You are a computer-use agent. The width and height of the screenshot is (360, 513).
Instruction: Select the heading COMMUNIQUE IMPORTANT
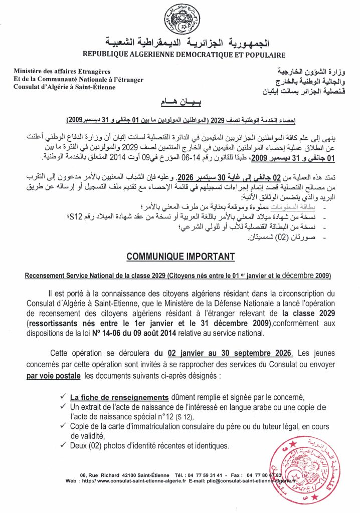[181, 256]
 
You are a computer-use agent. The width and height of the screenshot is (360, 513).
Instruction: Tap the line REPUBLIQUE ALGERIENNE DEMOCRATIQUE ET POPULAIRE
[185, 55]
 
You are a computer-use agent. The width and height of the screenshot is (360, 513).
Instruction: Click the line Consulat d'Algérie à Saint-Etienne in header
[64, 87]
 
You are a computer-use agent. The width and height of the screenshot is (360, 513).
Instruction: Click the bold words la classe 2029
[311, 313]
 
